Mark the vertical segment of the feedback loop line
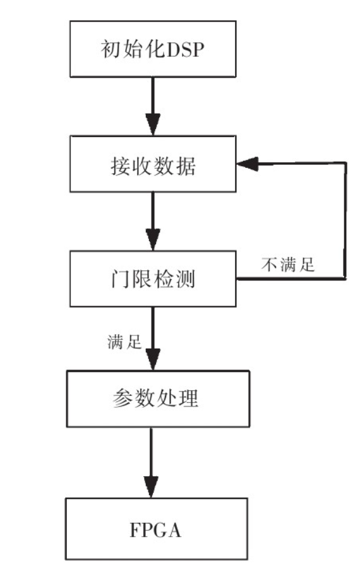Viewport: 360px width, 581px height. pos(345,221)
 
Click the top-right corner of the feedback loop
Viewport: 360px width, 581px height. pos(345,164)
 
